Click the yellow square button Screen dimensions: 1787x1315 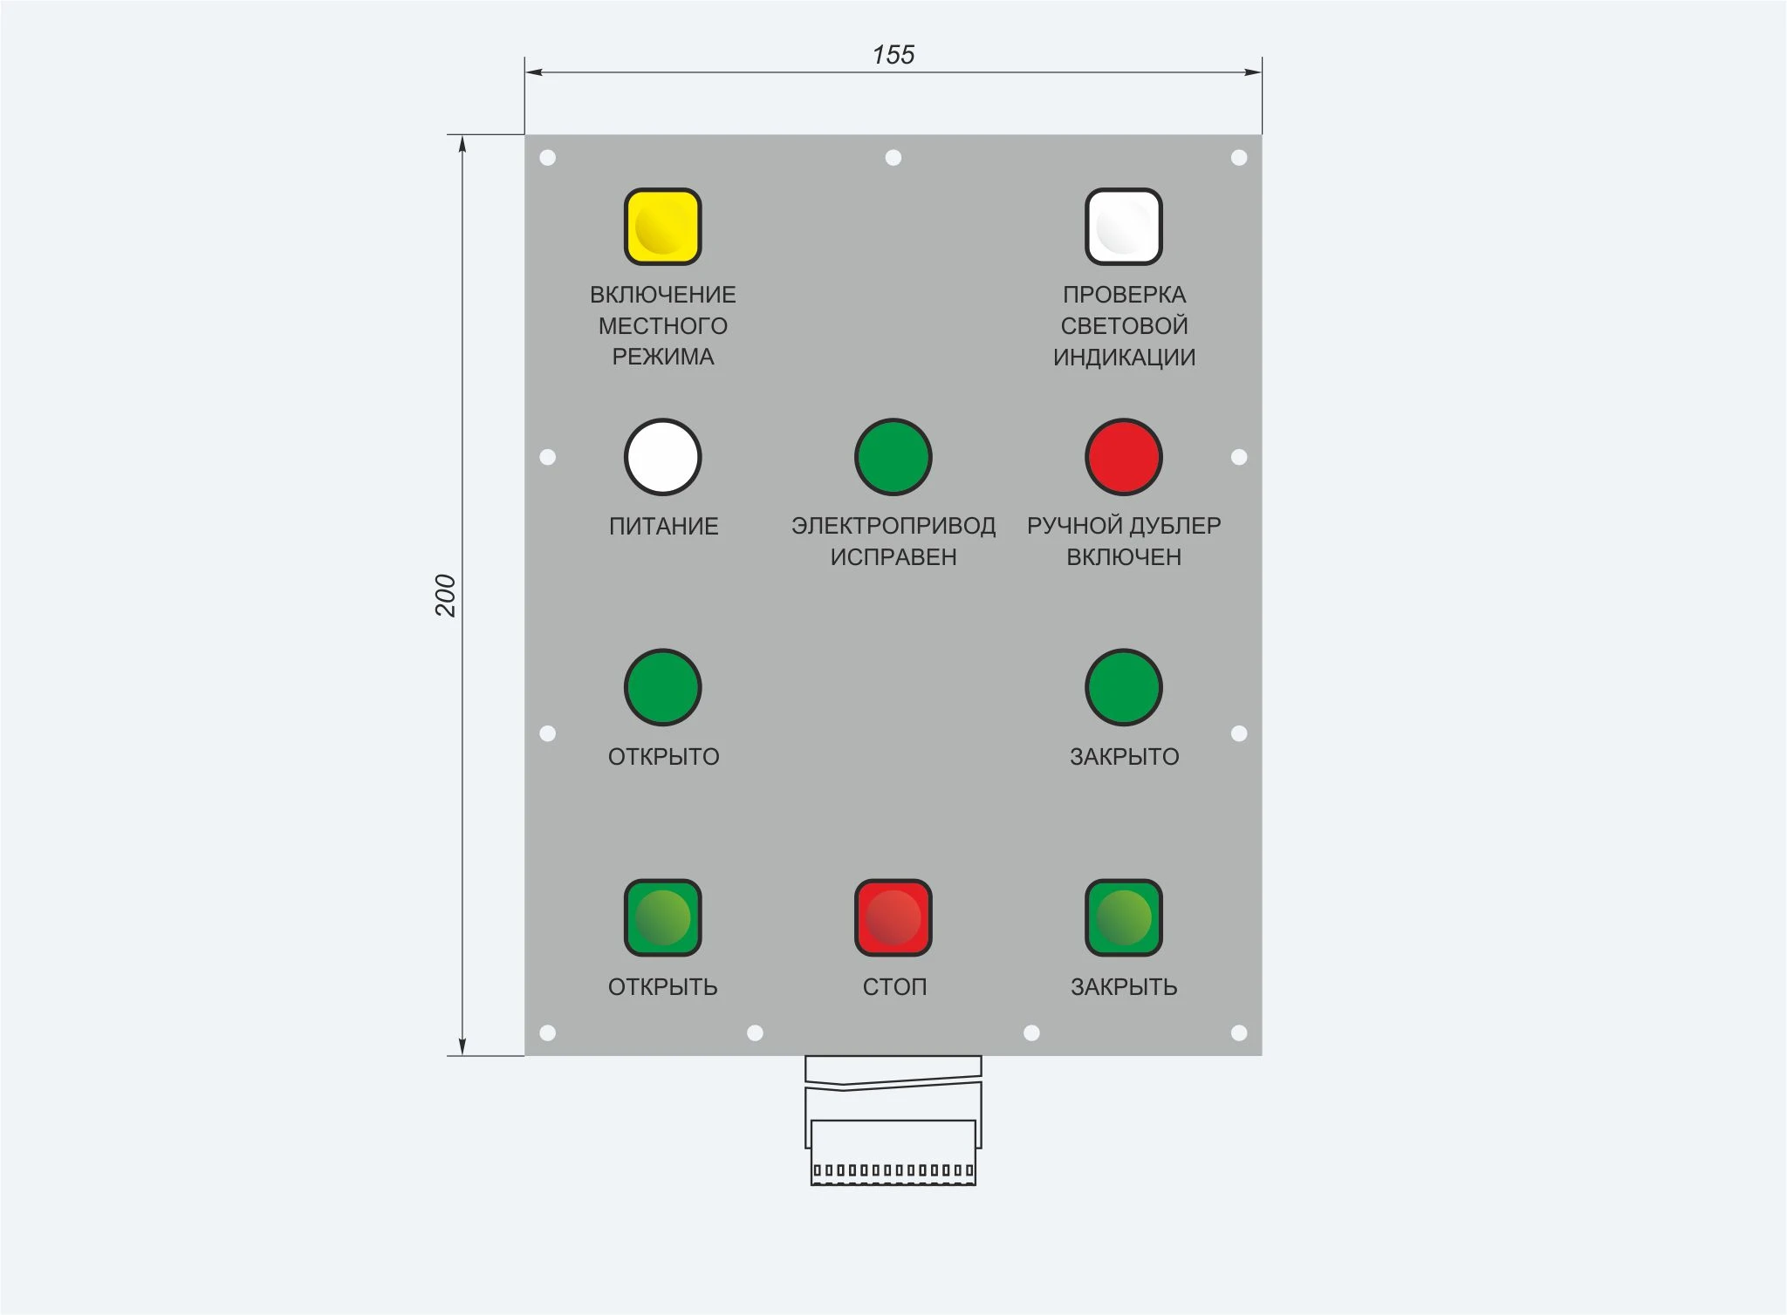663,227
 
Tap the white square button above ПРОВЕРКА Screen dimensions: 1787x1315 1124,227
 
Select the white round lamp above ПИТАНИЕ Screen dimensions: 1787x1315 663,457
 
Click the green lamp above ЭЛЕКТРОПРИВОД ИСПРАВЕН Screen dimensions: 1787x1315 893,457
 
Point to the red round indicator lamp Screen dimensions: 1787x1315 1124,457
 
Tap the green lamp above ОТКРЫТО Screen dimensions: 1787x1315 663,687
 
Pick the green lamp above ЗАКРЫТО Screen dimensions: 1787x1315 1124,687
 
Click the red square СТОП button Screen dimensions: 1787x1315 893,917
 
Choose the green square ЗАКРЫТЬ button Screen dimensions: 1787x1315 1124,917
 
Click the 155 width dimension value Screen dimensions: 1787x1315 893,55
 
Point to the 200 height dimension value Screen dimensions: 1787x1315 446,596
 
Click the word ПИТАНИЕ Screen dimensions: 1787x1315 664,526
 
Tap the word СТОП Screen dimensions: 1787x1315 894,986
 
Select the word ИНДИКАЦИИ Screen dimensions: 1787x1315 1124,357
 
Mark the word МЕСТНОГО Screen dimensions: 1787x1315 663,326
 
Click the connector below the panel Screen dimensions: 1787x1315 893,1121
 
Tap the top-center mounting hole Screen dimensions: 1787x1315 893,158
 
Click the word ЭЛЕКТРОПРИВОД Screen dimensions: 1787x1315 893,526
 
